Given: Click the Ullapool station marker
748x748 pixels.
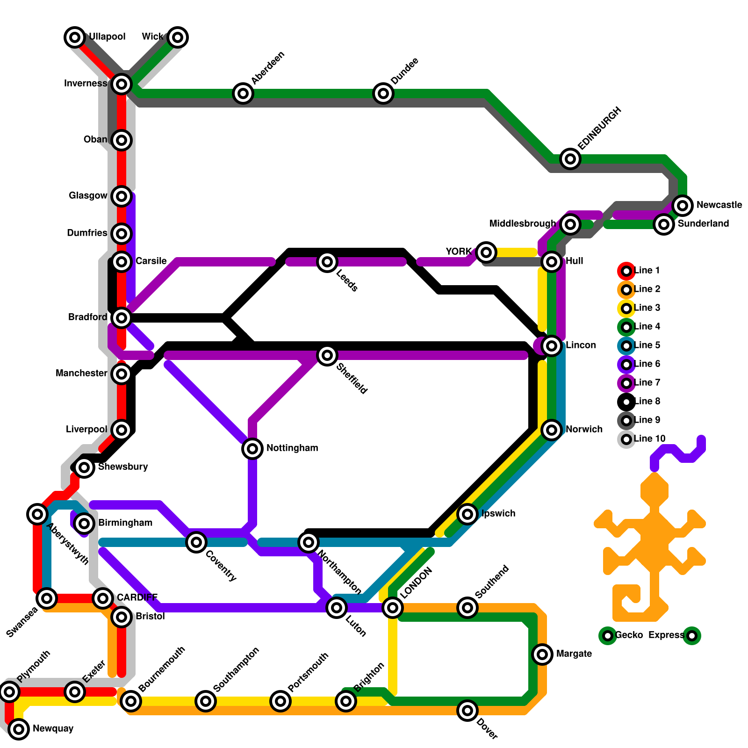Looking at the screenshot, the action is (x=75, y=37).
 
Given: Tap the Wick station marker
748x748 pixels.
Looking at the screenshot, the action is (x=178, y=37).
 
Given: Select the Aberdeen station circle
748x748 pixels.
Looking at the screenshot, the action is (x=243, y=93).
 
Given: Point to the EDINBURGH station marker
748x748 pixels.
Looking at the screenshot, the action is (x=570, y=159).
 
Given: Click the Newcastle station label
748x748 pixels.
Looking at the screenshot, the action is (x=719, y=205).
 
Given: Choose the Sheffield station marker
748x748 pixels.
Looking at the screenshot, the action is (x=327, y=355).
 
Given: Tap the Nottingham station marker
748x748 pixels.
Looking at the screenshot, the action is (x=252, y=449).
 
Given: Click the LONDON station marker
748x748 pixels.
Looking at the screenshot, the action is (x=393, y=608).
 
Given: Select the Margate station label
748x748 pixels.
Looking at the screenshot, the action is (x=574, y=654).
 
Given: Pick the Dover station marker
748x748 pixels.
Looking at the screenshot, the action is (x=467, y=711).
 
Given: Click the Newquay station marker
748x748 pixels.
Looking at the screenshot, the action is (x=19, y=729).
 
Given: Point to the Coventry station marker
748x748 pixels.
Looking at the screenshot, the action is (x=196, y=542).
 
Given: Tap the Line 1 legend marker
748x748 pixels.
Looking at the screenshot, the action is (x=626, y=271).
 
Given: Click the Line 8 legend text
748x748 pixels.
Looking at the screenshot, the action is (x=647, y=401).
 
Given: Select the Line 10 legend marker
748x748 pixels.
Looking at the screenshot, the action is (x=626, y=439).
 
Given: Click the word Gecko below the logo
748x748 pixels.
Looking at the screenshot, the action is (x=629, y=635).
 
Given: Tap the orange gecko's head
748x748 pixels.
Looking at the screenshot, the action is (x=654, y=491).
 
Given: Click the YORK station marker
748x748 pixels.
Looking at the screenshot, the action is (x=486, y=252).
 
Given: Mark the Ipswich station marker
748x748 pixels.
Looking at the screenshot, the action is (x=467, y=514).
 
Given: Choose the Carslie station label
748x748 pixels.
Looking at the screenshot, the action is (x=151, y=261).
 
